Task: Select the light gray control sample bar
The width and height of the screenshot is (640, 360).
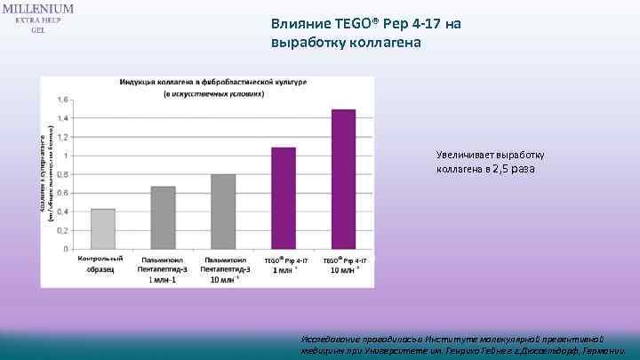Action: coord(103,228)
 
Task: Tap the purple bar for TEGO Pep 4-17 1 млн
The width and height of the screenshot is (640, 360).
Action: coord(283,197)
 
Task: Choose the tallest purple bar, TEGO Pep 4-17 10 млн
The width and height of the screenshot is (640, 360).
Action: coord(343,179)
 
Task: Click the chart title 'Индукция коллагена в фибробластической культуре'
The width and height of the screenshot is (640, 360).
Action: coord(213,82)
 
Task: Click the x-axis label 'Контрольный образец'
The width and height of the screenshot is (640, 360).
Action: coord(100,263)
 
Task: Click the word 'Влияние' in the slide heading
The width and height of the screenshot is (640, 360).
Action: coord(300,25)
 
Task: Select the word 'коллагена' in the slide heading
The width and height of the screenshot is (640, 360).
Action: coord(385,43)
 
